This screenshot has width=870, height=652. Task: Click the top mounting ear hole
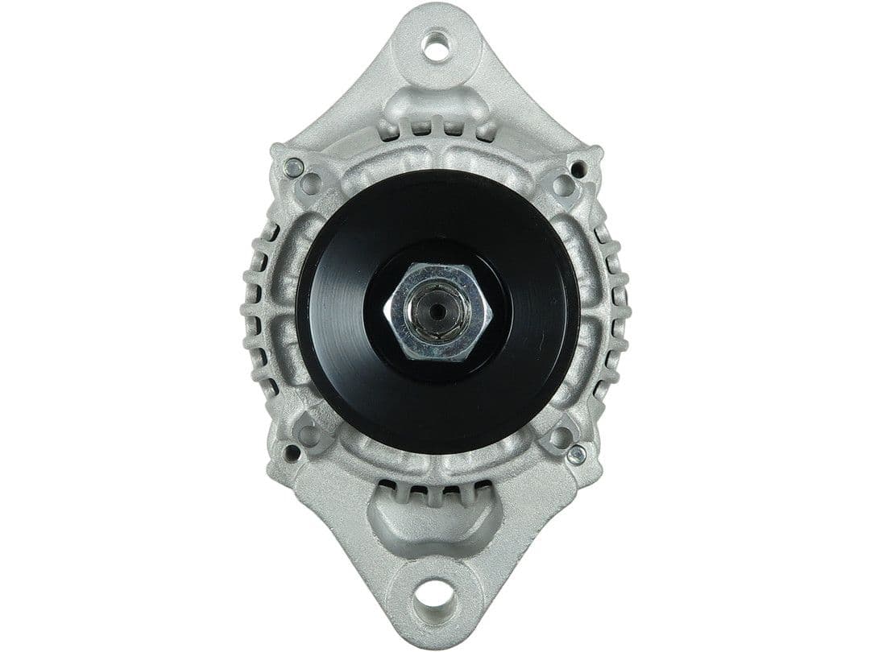[x=436, y=45]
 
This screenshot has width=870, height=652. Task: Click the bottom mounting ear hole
[x=434, y=596]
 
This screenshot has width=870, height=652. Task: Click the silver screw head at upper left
[x=294, y=168]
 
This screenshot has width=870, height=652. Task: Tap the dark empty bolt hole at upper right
[x=578, y=169]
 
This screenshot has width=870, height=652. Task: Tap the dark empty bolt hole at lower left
[x=292, y=453]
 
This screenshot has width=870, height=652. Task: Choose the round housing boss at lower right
[x=561, y=437]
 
